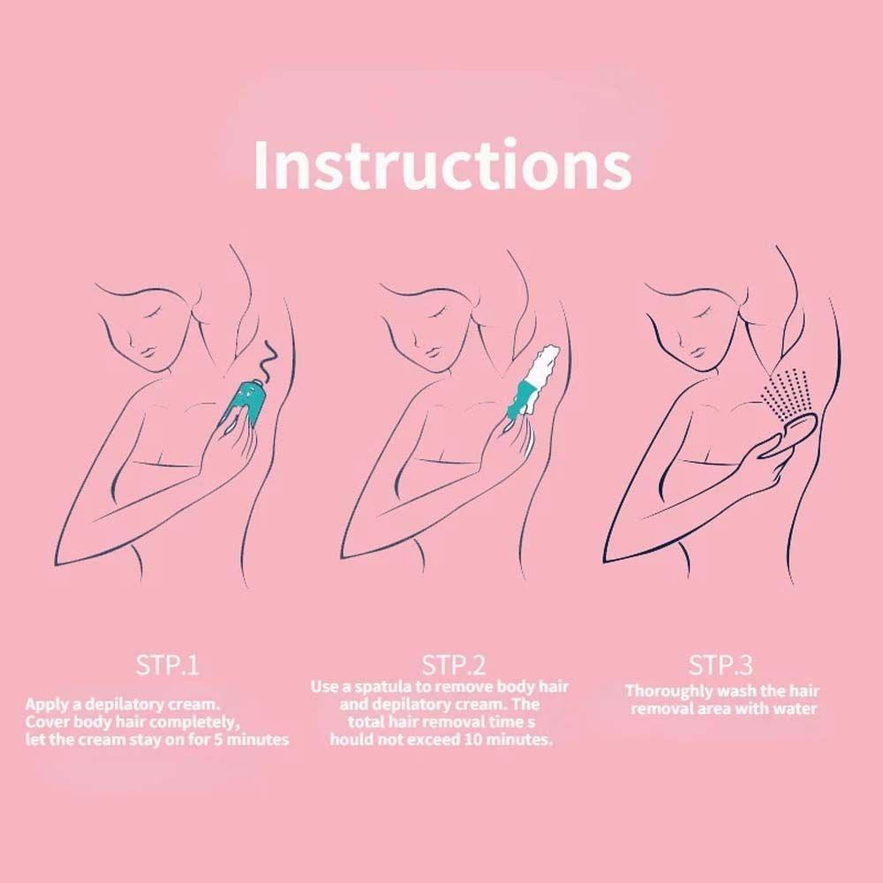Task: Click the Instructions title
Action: pyautogui.click(x=442, y=164)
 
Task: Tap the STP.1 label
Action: pyautogui.click(x=167, y=665)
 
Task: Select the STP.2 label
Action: pyautogui.click(x=453, y=665)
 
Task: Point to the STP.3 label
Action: pyautogui.click(x=721, y=665)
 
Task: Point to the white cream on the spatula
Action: pyautogui.click(x=543, y=366)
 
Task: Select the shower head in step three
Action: pyautogui.click(x=790, y=434)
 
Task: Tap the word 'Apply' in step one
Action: pyautogui.click(x=44, y=705)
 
